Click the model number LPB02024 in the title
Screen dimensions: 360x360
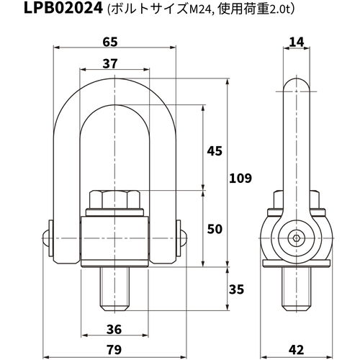pos(63,8)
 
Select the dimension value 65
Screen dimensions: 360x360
pos(110,42)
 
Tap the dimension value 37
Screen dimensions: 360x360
pos(110,63)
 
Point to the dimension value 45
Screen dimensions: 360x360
pos(215,151)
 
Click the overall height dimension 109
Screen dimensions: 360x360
pos(240,178)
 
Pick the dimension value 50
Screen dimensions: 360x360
pos(215,229)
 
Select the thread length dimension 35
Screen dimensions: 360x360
pos(236,289)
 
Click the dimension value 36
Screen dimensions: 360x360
pos(114,329)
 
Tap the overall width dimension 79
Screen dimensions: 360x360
pos(114,350)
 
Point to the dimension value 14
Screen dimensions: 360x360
pos(297,42)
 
